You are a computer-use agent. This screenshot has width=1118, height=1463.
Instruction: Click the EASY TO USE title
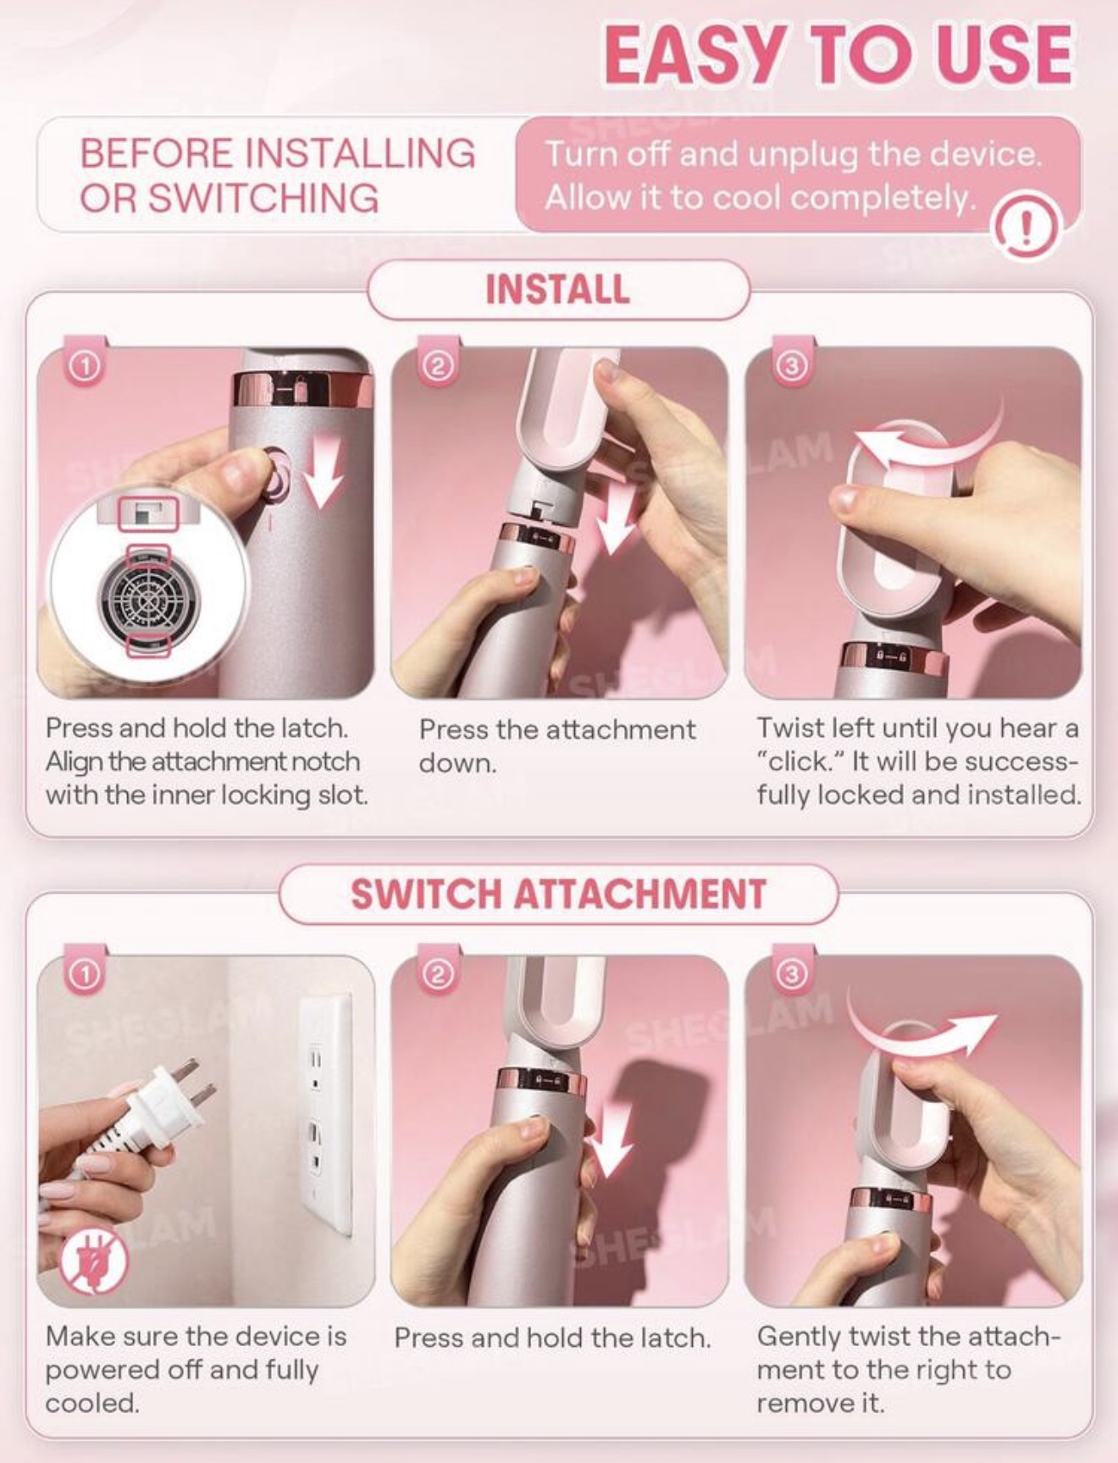[x=838, y=54]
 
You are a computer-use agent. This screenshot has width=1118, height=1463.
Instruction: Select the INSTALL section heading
[x=557, y=289]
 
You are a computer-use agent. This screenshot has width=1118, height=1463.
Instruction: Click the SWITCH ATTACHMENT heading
[x=558, y=894]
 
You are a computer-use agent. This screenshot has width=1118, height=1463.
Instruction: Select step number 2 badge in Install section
[x=438, y=367]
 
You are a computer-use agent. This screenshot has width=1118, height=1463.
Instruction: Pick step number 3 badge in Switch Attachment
[x=791, y=975]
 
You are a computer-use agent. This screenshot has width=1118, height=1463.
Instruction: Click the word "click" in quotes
[x=800, y=762]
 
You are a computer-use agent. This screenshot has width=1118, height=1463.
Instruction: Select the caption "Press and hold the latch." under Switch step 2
[x=552, y=1338]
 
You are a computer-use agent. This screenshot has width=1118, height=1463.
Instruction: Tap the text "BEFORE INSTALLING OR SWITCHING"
[x=277, y=175]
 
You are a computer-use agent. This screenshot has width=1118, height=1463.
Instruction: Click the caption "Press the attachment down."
[x=556, y=746]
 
